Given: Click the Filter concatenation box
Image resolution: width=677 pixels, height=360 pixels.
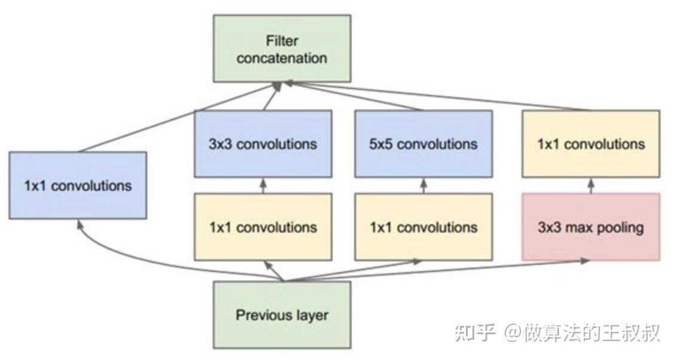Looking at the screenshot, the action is coord(282,48).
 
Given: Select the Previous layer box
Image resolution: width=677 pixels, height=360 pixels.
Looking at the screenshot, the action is coord(282,315).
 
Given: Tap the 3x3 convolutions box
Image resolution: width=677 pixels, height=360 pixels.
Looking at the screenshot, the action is coord(263,144).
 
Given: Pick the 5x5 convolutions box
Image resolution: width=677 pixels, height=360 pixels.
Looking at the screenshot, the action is coord(423,144).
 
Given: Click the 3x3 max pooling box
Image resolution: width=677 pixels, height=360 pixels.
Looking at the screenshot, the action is coord(591,227).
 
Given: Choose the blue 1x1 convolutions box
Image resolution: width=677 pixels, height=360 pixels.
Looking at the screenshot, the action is coord(78,185).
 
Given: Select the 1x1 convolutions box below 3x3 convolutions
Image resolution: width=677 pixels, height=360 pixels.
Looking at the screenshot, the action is coord(263,227).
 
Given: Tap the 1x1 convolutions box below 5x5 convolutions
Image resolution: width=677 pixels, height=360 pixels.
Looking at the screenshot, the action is coord(423,227).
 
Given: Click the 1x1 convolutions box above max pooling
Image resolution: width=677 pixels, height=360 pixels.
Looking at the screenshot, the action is coord(591,144).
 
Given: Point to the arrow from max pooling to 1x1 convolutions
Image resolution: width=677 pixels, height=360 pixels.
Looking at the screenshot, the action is coord(591,185).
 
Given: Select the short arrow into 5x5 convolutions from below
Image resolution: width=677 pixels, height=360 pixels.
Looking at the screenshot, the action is coord(423,185).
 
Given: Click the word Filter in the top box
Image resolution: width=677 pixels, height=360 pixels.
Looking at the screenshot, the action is coord(282,41).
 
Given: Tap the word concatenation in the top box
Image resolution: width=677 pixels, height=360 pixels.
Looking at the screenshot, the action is coord(282,58).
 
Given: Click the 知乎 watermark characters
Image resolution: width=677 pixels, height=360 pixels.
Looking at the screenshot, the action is coord(474,333).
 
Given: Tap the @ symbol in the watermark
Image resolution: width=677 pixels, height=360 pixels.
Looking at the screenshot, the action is coord(512,333).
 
